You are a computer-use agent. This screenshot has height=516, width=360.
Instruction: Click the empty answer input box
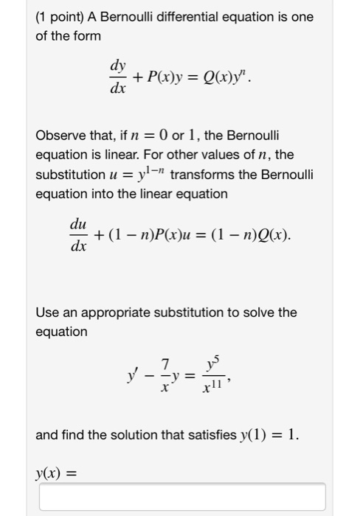pyautogui.click(x=181, y=496)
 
